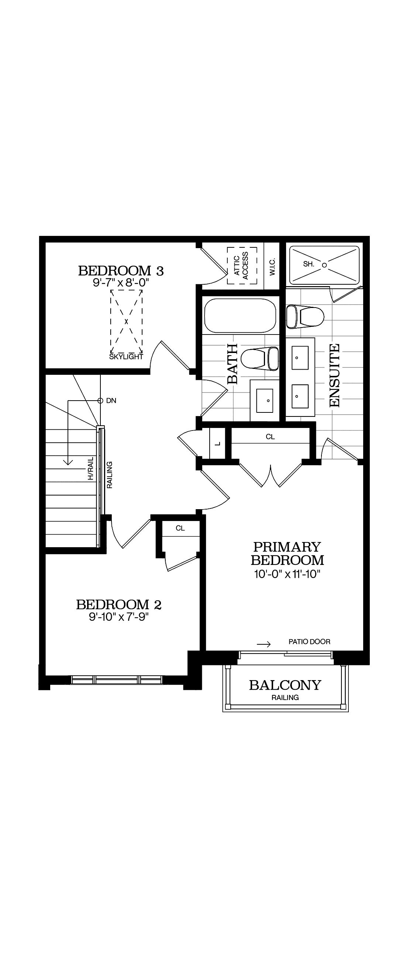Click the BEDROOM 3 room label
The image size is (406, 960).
[x=121, y=271]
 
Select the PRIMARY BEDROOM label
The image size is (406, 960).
[x=287, y=553]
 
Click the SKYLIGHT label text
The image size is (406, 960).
[x=126, y=357]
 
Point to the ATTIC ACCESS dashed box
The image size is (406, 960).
[x=242, y=265]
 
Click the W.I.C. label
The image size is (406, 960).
[x=272, y=266]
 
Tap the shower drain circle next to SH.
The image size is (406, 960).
[x=324, y=265]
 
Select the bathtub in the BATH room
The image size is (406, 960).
[x=240, y=315]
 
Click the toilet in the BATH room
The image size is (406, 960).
[x=260, y=359]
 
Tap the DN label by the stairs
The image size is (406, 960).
[x=111, y=401]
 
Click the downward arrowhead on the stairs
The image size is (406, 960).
[x=68, y=462]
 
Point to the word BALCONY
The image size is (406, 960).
[x=285, y=685]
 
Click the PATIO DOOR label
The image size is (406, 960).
[x=309, y=642]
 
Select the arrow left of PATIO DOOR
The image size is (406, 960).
[x=263, y=644]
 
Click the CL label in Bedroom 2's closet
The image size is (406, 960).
[x=180, y=528]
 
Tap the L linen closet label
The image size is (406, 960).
[x=218, y=443]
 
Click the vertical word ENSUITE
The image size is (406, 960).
[x=335, y=375]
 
